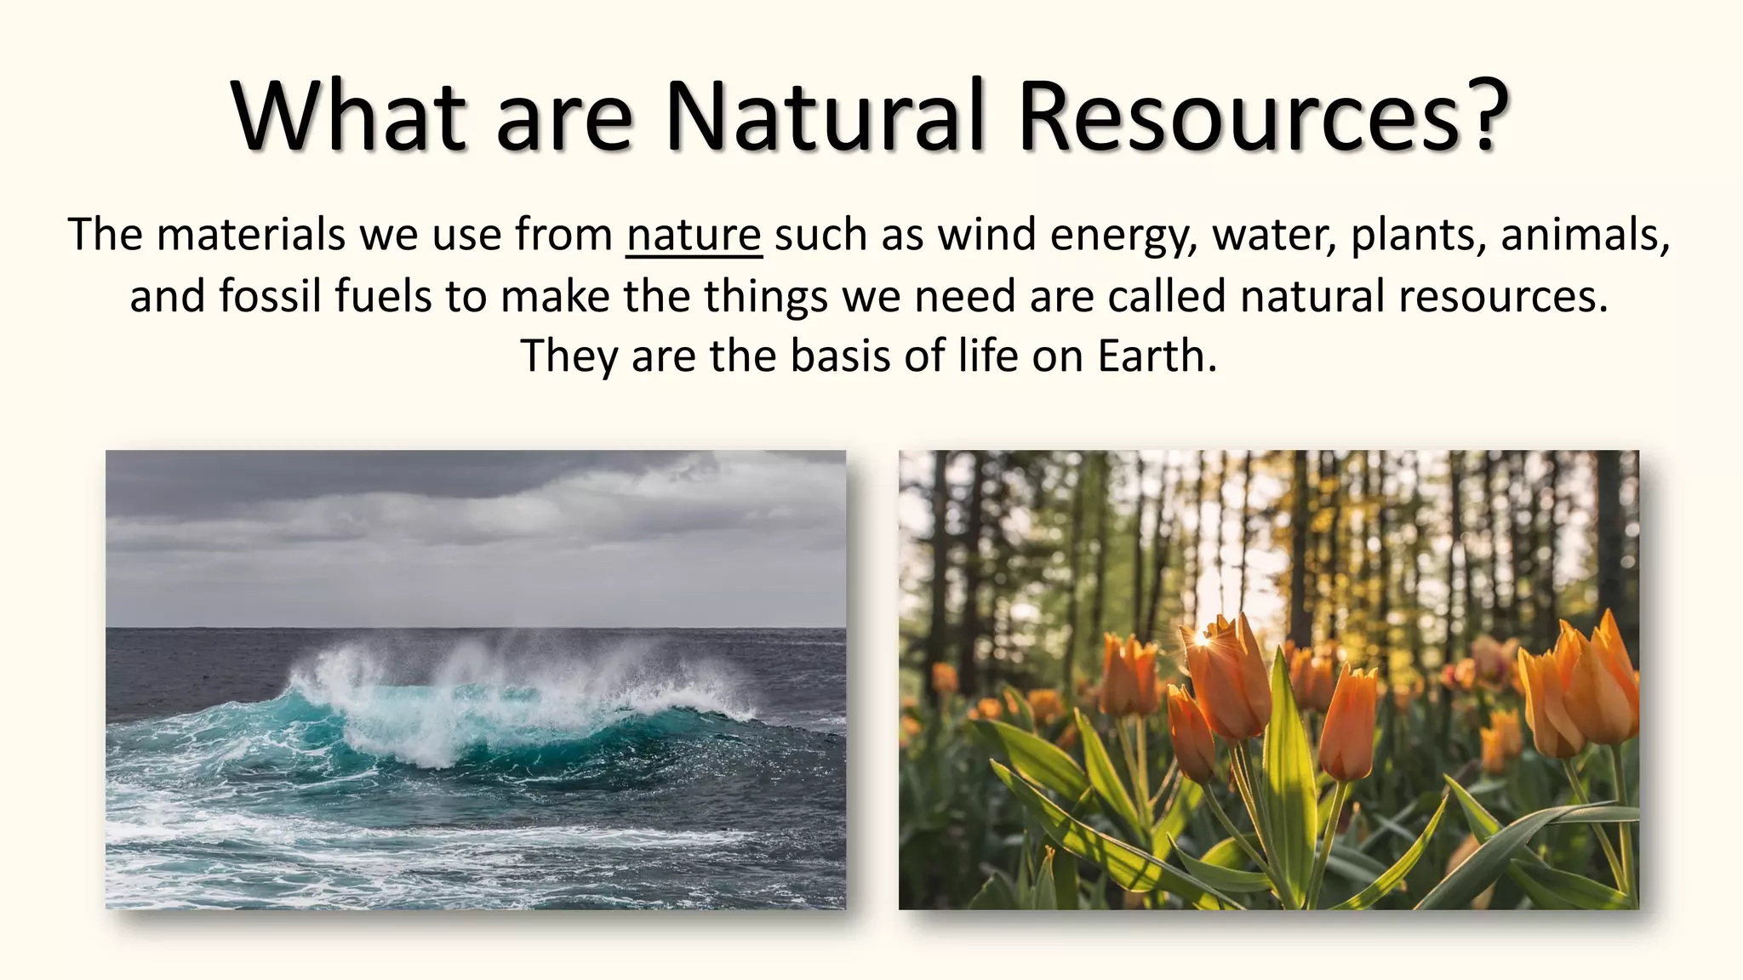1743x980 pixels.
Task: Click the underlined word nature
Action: point(694,235)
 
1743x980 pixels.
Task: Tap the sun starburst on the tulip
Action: point(1203,636)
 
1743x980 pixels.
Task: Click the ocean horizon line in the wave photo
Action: point(477,629)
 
